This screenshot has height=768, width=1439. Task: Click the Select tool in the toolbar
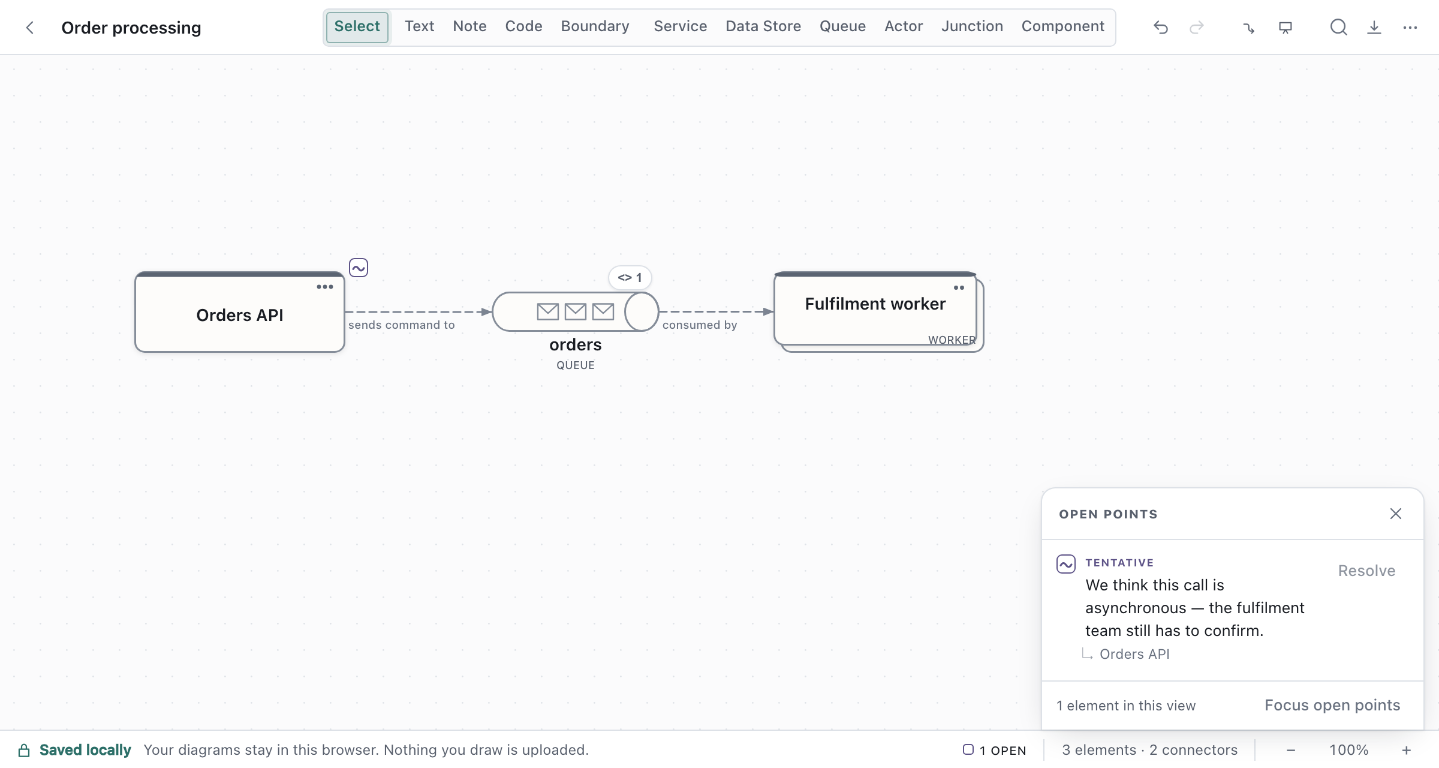point(357,27)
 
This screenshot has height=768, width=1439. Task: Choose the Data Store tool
point(763,27)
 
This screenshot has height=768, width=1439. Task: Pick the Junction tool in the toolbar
point(972,27)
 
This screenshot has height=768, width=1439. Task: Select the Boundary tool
point(595,27)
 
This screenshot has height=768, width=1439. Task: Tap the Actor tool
point(904,27)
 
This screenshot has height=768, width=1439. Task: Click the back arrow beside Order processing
point(30,28)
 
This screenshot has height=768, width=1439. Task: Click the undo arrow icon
point(1161,28)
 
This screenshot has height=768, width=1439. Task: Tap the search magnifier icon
point(1338,28)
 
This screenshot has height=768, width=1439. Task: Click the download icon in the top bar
point(1374,28)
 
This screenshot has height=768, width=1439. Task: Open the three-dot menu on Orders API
point(325,287)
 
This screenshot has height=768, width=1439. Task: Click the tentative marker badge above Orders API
point(359,268)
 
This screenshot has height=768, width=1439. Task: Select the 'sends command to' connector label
point(402,325)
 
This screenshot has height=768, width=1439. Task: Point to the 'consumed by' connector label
point(700,325)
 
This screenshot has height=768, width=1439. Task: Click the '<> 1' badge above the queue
point(630,277)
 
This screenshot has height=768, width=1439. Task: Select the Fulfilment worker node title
point(875,304)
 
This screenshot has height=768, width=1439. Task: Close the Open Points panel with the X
point(1396,514)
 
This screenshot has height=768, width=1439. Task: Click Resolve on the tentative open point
point(1366,571)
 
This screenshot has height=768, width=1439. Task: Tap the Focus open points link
point(1332,705)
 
